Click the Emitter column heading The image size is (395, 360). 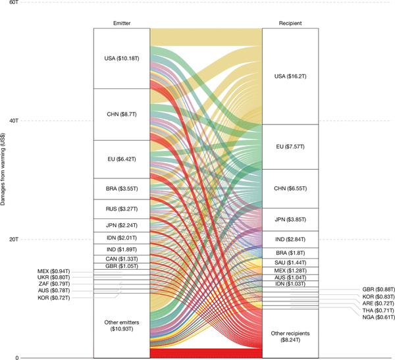(x=122, y=23)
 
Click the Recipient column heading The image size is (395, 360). (x=290, y=23)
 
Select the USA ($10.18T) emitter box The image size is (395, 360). (x=122, y=59)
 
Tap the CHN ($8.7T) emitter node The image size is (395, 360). (x=122, y=114)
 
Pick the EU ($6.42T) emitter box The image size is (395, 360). (x=122, y=159)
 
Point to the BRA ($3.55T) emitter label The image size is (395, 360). (x=122, y=188)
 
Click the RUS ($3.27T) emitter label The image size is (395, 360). (x=122, y=208)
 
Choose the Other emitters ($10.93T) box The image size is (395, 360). (x=122, y=325)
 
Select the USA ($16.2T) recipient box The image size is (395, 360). (x=290, y=76)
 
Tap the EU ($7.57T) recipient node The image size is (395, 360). (x=290, y=146)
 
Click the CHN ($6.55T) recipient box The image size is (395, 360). (x=290, y=188)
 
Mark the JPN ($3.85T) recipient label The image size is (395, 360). (x=290, y=219)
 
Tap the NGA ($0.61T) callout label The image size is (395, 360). (x=379, y=317)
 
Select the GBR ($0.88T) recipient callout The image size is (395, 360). (x=379, y=289)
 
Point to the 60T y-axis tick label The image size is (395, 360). (x=13, y=3)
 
